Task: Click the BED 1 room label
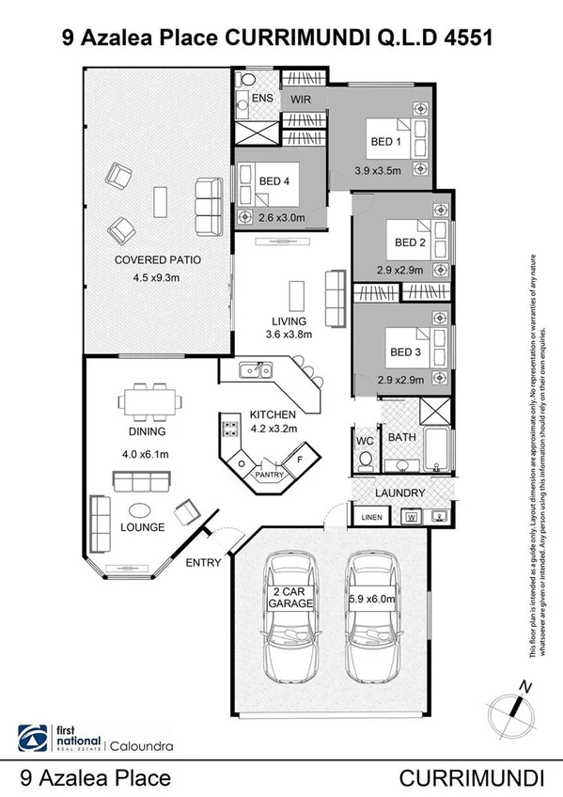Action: pyautogui.click(x=383, y=142)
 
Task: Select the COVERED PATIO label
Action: pyautogui.click(x=158, y=259)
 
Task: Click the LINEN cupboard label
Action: pyautogui.click(x=366, y=517)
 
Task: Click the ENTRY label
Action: pyautogui.click(x=203, y=563)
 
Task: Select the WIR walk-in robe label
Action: pyautogui.click(x=301, y=97)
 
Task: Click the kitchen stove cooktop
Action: pyautogui.click(x=228, y=431)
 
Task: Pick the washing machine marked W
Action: pyautogui.click(x=411, y=516)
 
